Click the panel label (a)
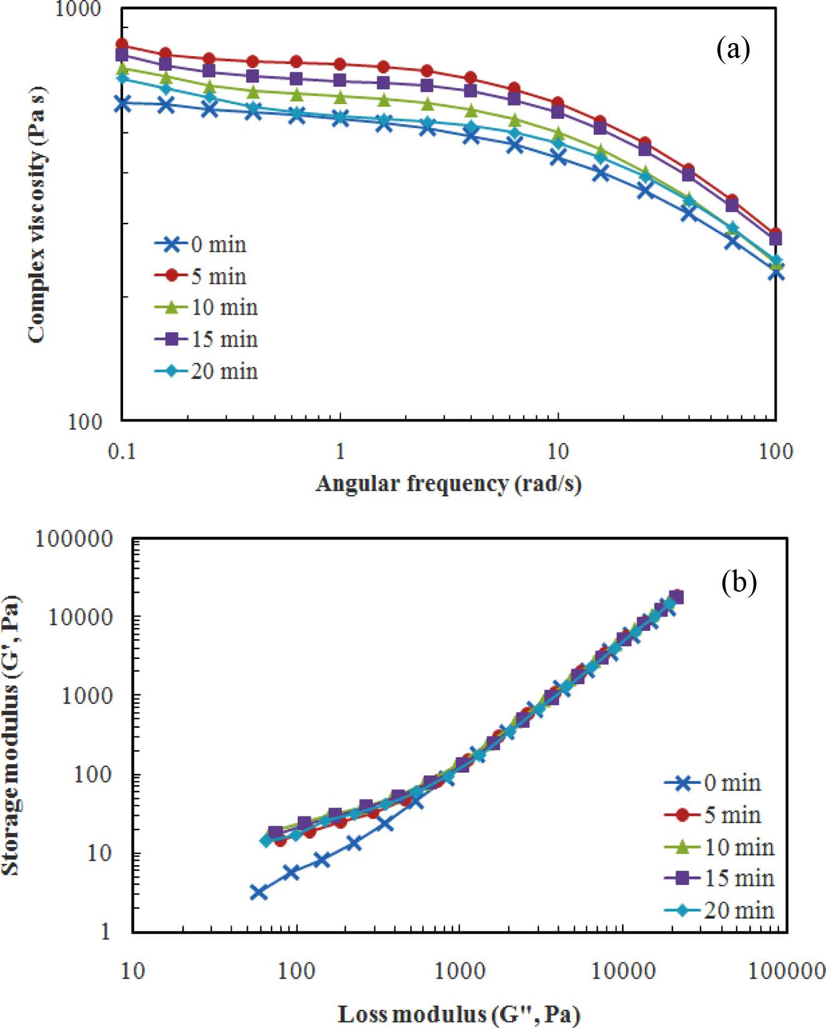[x=733, y=49]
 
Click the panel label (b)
[x=739, y=582]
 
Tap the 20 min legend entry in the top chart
[x=206, y=371]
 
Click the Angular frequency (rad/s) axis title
[x=448, y=484]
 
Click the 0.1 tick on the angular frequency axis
[x=122, y=451]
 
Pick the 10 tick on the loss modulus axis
[x=132, y=971]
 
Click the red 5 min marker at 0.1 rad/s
[x=122, y=44]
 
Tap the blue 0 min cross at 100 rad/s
[x=775, y=272]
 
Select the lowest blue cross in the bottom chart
[x=258, y=892]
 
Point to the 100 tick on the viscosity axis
[x=85, y=421]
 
